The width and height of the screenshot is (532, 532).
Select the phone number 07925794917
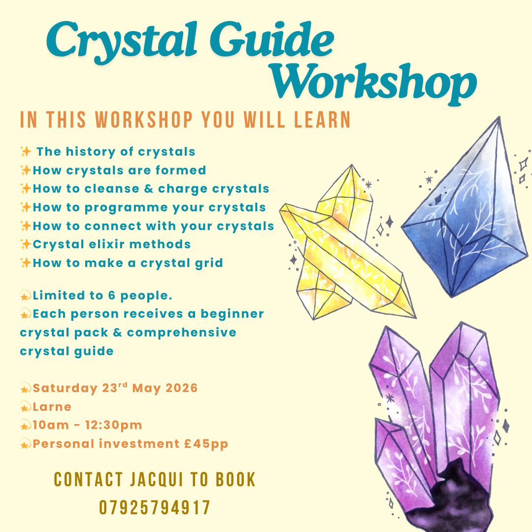(x=155, y=507)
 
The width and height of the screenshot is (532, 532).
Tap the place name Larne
(x=52, y=407)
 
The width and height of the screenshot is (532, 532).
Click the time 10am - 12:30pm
(x=87, y=425)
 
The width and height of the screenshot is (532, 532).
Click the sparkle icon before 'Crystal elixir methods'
(x=26, y=244)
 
